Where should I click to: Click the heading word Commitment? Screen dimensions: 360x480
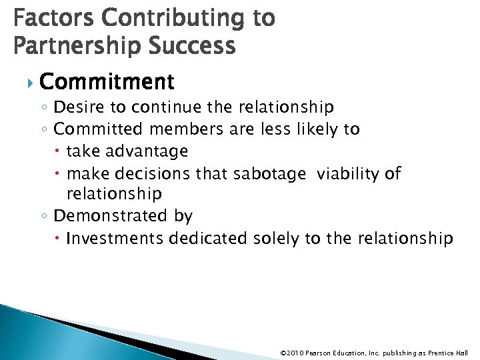pyautogui.click(x=107, y=82)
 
